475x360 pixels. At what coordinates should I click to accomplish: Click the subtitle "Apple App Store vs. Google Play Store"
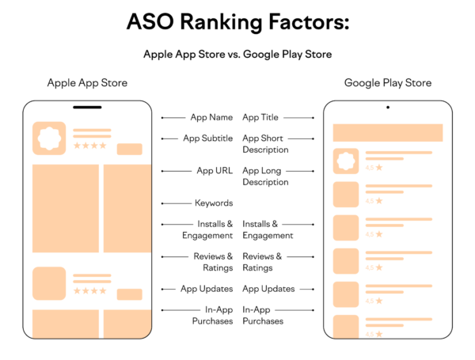click(x=237, y=55)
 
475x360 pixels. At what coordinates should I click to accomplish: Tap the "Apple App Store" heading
click(x=87, y=83)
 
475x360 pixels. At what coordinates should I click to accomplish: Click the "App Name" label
click(x=211, y=117)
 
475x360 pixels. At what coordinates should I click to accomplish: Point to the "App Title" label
click(x=260, y=117)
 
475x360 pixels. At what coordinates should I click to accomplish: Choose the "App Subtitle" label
click(x=207, y=138)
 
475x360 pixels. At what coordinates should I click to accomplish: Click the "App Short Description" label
click(x=265, y=143)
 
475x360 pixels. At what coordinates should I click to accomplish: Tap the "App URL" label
click(x=215, y=170)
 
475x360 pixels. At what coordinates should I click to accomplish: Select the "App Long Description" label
click(x=265, y=176)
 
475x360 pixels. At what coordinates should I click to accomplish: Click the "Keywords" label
click(x=214, y=203)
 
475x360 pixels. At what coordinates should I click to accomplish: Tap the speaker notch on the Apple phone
click(x=87, y=107)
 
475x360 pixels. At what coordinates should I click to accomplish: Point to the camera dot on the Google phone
click(x=387, y=107)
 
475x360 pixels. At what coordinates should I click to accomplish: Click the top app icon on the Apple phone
click(x=49, y=138)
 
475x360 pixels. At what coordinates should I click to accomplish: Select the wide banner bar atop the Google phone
click(x=387, y=132)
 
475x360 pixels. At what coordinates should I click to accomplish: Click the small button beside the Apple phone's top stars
click(x=129, y=149)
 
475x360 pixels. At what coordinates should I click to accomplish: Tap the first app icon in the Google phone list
click(x=346, y=161)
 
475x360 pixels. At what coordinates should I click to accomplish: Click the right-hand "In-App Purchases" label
click(x=263, y=315)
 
